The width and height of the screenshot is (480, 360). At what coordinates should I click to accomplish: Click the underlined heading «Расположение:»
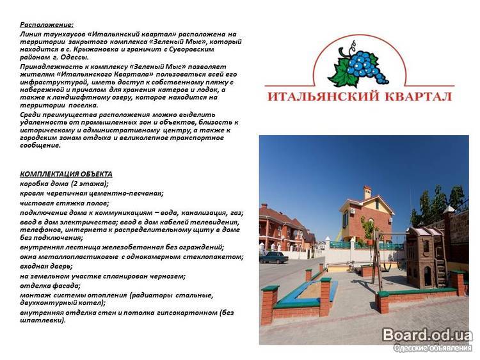[47, 25]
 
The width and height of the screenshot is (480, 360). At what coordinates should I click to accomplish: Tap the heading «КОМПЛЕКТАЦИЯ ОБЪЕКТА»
[66, 174]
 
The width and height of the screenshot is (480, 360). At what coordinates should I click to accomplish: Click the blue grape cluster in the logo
[365, 67]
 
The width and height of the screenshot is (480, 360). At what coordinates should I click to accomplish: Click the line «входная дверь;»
[46, 267]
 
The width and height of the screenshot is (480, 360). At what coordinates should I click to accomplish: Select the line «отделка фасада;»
[50, 286]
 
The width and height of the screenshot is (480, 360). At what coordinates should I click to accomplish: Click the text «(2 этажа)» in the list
[90, 184]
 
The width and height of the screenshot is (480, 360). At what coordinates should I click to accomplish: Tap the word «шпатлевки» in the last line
[42, 320]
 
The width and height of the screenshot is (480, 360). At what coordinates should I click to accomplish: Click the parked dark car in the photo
[274, 257]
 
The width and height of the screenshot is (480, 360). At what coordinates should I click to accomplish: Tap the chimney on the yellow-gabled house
[367, 192]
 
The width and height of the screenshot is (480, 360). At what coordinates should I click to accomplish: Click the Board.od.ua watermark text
[428, 335]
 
